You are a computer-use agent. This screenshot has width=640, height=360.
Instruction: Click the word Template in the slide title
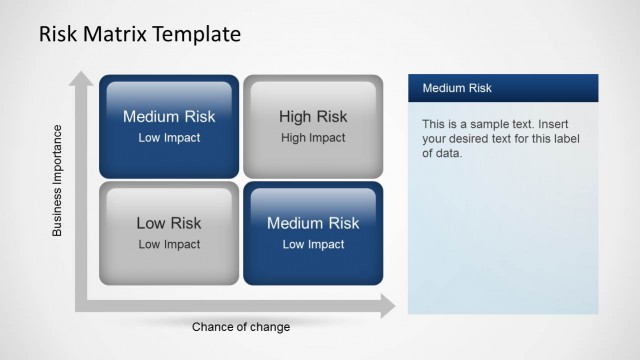tap(196, 34)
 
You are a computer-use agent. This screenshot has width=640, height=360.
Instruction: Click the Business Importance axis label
tap(57, 180)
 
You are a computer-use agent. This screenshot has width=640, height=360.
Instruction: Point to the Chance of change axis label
tap(241, 327)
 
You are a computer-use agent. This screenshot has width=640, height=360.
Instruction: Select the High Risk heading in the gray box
tap(313, 117)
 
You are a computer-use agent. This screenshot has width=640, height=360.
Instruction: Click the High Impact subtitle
tap(313, 138)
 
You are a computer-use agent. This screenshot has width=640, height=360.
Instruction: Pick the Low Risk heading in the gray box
tap(169, 223)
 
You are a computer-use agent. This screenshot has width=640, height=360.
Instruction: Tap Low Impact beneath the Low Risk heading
tap(169, 244)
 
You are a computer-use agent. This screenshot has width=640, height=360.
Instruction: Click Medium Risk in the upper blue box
tap(169, 117)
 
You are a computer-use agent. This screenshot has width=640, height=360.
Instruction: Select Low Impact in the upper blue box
tap(169, 138)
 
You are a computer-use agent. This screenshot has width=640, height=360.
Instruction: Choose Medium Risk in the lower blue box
tap(313, 223)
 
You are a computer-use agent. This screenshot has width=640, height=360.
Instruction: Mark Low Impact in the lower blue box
tap(313, 244)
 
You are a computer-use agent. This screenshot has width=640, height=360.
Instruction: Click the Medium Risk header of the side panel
tap(457, 88)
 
